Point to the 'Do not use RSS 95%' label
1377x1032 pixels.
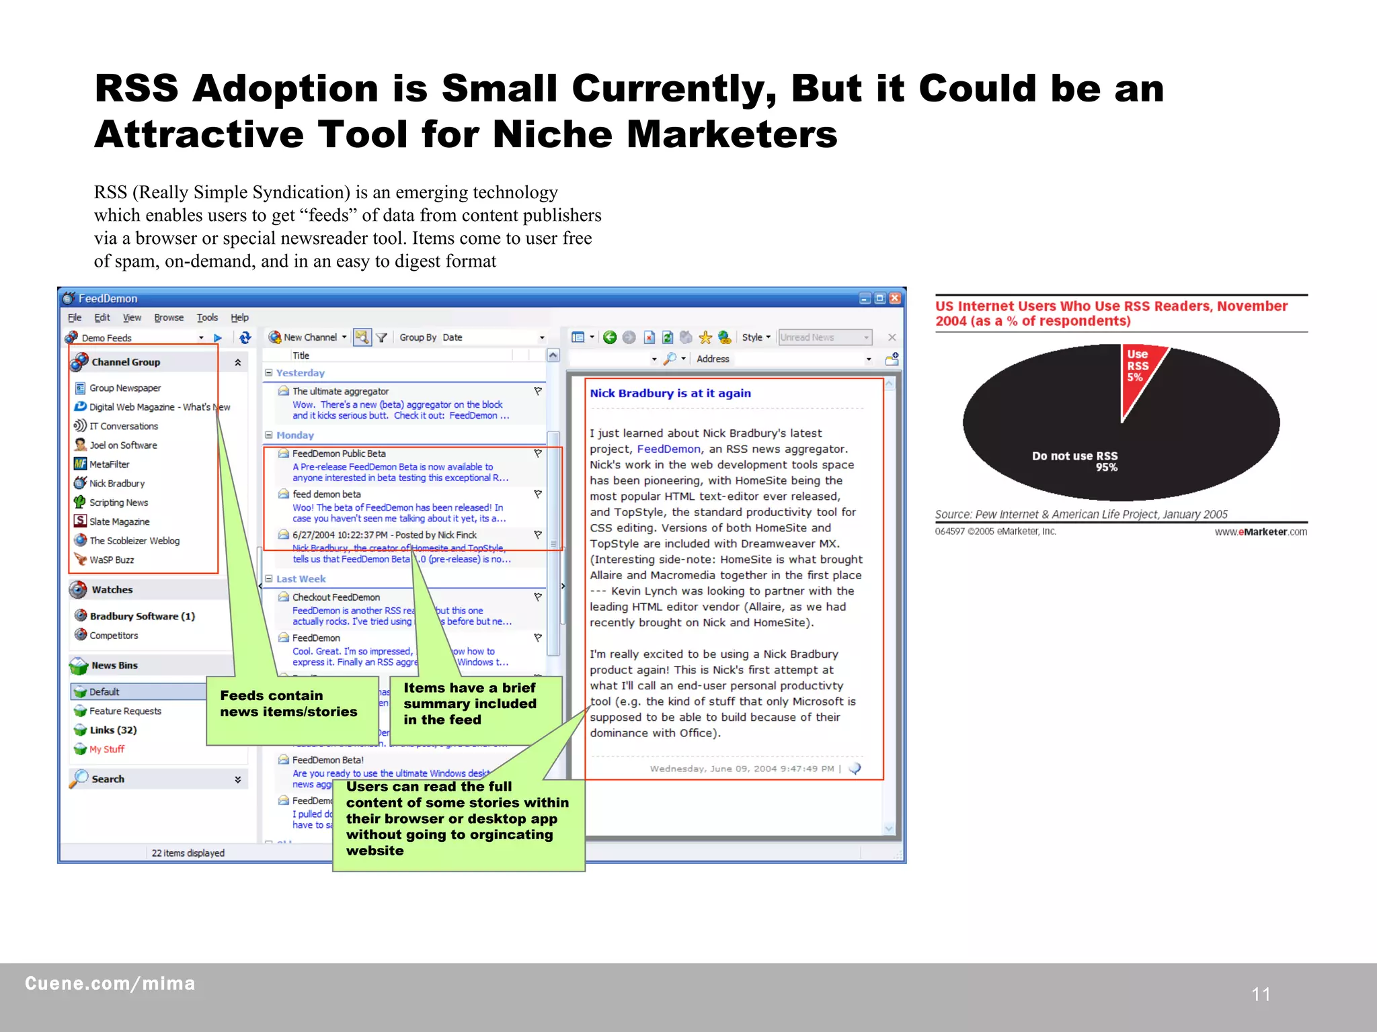(x=1074, y=461)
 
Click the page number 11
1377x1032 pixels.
(x=1261, y=994)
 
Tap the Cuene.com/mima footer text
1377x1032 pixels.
(x=110, y=984)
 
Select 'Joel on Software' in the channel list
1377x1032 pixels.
(x=123, y=445)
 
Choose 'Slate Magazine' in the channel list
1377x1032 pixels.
(x=119, y=521)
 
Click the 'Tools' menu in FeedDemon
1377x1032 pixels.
(x=207, y=318)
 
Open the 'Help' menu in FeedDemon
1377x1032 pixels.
(x=239, y=318)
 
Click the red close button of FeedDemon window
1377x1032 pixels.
(x=895, y=298)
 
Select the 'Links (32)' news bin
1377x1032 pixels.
(x=113, y=730)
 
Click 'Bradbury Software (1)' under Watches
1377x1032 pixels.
(x=142, y=616)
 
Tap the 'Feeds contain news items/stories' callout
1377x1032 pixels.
(x=290, y=704)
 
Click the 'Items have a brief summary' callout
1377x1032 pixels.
(x=471, y=704)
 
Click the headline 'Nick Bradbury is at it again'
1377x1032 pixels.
(x=670, y=393)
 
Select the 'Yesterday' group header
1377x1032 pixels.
(x=300, y=373)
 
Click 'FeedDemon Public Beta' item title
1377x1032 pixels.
(x=339, y=454)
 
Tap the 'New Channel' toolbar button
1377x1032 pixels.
(x=308, y=337)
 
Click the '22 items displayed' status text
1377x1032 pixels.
(x=188, y=853)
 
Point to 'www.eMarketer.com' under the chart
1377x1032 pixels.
(x=1261, y=532)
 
